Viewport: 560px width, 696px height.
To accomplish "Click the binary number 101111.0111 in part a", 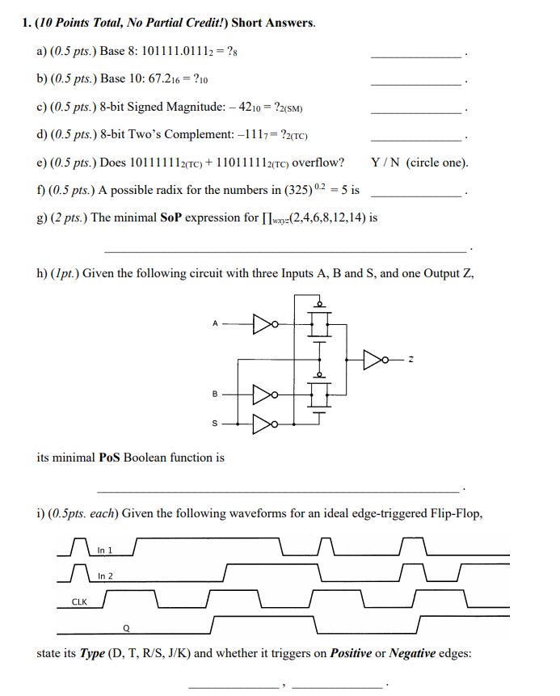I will point(173,51).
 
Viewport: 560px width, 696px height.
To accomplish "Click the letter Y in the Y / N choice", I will point(376,162).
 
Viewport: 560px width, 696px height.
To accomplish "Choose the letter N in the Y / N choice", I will point(394,162).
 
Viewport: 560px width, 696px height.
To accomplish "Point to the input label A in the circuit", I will point(215,323).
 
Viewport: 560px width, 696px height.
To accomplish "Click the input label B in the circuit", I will point(215,394).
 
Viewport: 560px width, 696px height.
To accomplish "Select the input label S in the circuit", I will point(215,422).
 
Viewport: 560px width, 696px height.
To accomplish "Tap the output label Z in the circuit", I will point(413,359).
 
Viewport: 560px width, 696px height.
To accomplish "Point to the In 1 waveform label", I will point(104,550).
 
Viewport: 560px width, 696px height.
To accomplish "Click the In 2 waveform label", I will point(105,576).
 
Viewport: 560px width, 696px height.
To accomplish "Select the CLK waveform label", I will point(80,601).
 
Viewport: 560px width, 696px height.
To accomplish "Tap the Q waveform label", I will point(126,626).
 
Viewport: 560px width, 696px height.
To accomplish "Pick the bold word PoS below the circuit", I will point(109,458).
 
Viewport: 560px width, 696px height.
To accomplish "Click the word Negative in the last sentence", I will point(413,653).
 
